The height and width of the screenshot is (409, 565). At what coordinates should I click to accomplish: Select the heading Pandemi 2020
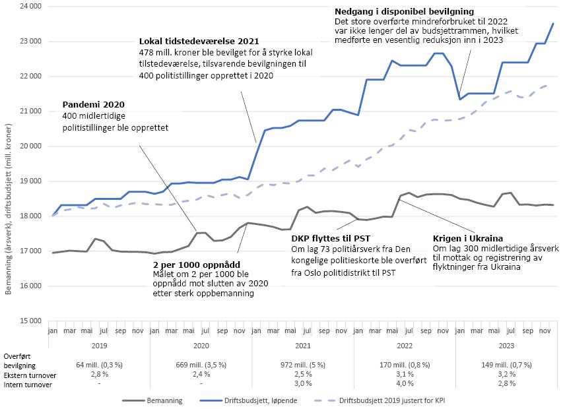click(x=93, y=105)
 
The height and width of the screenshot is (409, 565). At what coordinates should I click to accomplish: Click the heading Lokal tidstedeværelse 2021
click(x=199, y=42)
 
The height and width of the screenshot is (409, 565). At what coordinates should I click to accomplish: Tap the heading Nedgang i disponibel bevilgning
click(x=404, y=12)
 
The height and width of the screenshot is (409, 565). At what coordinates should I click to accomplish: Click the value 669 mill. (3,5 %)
click(x=201, y=364)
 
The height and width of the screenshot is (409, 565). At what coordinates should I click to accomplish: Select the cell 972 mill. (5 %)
click(x=303, y=364)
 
